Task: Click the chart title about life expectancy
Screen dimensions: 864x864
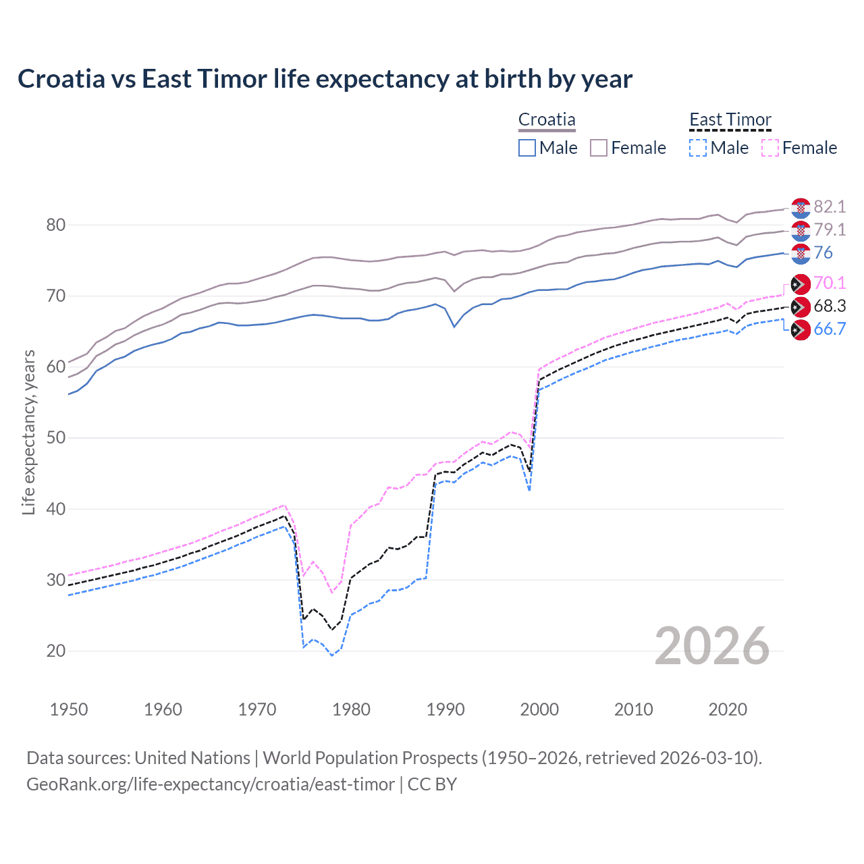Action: [x=325, y=79]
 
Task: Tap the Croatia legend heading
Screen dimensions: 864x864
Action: [x=547, y=120]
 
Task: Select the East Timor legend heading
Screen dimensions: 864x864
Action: [x=730, y=120]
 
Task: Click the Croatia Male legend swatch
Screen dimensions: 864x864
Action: [x=527, y=148]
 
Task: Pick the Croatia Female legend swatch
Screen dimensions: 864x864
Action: [x=599, y=148]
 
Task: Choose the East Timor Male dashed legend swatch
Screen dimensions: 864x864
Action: [x=698, y=148]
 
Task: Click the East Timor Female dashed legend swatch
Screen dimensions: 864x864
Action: [x=770, y=148]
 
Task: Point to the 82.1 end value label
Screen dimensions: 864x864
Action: [x=830, y=207]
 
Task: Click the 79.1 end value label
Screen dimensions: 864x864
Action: [x=830, y=230]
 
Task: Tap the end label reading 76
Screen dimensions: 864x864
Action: [x=823, y=252]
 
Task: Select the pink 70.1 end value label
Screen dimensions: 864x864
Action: [x=830, y=283]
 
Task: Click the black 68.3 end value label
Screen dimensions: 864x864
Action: [x=830, y=306]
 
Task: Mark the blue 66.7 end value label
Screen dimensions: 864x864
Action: [x=830, y=329]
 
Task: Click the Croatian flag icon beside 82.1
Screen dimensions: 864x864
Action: [x=801, y=207]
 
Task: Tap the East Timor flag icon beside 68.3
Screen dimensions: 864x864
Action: [x=801, y=306]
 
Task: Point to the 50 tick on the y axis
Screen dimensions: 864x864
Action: [x=56, y=437]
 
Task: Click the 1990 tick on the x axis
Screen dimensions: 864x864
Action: [x=446, y=709]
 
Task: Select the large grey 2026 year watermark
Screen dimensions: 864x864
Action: [x=711, y=646]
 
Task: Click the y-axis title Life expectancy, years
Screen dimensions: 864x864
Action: [x=28, y=432]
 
